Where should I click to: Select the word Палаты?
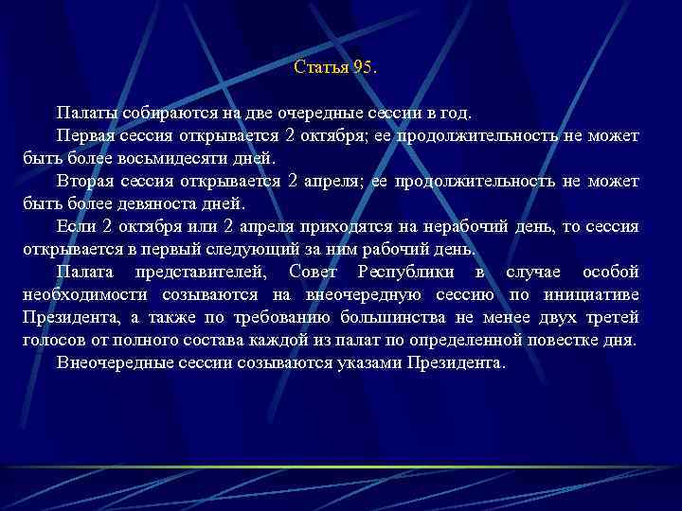coord(82,114)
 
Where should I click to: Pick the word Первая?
coord(83,136)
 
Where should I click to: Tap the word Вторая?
coord(84,182)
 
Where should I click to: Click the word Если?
coord(75,227)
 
